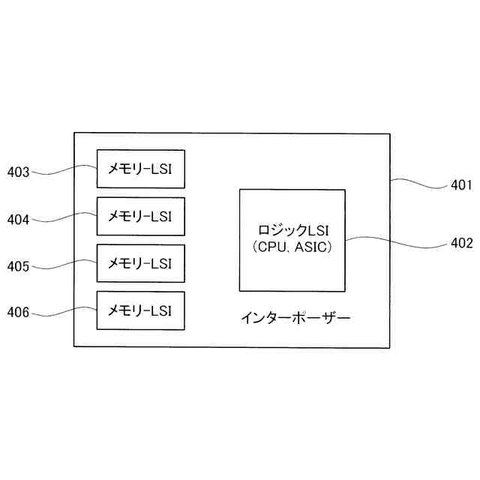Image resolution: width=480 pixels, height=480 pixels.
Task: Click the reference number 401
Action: pyautogui.click(x=460, y=184)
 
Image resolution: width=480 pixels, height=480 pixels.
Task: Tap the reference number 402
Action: pyautogui.click(x=460, y=243)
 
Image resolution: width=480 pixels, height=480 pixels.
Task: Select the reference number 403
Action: pyautogui.click(x=18, y=172)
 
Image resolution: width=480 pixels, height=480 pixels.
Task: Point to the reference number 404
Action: pyautogui.click(x=18, y=220)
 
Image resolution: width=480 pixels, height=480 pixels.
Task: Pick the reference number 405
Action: pyautogui.click(x=18, y=266)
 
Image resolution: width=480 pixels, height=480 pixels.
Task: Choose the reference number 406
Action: pyautogui.click(x=18, y=312)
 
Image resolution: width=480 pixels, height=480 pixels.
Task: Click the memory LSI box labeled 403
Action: pyautogui.click(x=140, y=168)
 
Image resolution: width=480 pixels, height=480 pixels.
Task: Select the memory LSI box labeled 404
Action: pyautogui.click(x=140, y=216)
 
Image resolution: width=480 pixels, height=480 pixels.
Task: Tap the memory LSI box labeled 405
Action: pyautogui.click(x=140, y=263)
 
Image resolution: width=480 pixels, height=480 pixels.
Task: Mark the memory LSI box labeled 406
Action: pyautogui.click(x=140, y=310)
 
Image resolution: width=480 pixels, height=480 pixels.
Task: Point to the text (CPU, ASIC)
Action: pyautogui.click(x=292, y=246)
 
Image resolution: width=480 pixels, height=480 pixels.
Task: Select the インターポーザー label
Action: pyautogui.click(x=295, y=318)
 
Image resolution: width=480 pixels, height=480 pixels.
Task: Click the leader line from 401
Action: pyautogui.click(x=418, y=181)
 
